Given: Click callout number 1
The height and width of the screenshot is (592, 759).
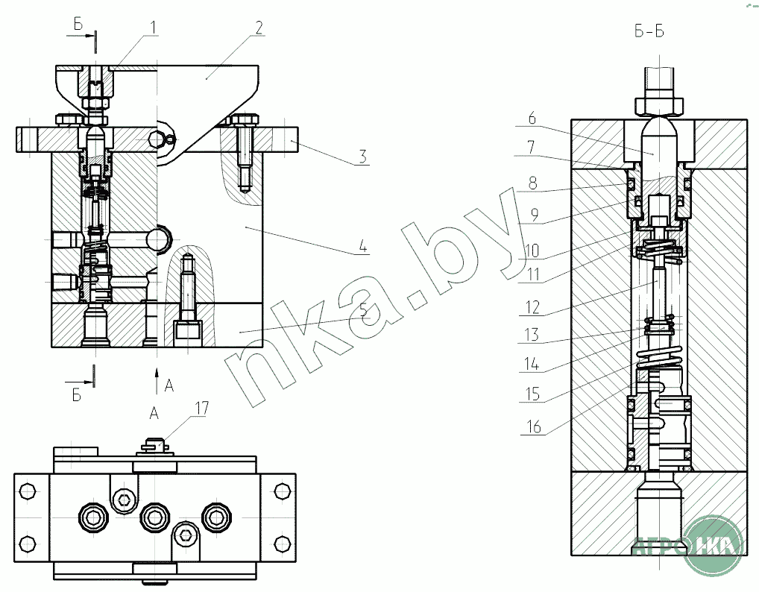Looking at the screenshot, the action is [x=153, y=28].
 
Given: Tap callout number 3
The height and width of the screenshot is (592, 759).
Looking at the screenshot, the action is [x=362, y=157].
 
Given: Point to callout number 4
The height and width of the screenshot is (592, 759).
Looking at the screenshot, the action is [x=363, y=246].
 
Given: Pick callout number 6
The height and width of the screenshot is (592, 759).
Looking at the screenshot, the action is [x=532, y=118].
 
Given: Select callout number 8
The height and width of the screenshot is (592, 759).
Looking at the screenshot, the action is [x=532, y=183].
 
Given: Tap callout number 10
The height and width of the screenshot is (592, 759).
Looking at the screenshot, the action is [x=532, y=251].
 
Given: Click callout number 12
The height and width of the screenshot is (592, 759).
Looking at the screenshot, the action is [x=533, y=307].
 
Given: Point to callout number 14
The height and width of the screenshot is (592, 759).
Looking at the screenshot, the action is [x=532, y=364].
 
